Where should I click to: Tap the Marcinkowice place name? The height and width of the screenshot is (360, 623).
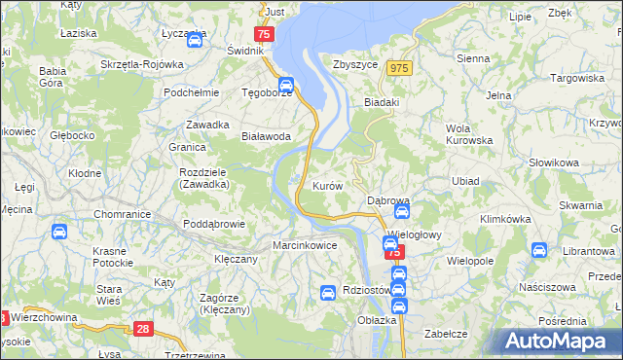[305, 245]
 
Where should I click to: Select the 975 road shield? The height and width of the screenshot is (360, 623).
[398, 67]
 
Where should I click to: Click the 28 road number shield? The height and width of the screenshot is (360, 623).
[144, 329]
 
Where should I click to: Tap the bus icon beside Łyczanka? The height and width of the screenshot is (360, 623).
[194, 41]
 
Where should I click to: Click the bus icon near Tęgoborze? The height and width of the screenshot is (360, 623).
[285, 85]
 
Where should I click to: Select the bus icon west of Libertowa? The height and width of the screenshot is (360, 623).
[538, 250]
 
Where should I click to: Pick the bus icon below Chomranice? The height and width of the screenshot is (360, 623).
[58, 232]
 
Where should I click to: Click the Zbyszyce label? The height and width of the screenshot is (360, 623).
[354, 64]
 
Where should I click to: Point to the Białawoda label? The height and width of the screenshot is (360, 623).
[266, 136]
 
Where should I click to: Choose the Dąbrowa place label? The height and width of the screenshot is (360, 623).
[387, 200]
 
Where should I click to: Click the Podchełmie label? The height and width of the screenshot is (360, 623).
[189, 92]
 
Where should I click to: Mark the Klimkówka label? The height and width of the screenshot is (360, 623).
[502, 219]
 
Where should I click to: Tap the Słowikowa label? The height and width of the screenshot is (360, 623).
[554, 162]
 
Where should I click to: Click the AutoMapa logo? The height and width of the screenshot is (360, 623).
[562, 341]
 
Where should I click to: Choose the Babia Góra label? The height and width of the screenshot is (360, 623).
[53, 77]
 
